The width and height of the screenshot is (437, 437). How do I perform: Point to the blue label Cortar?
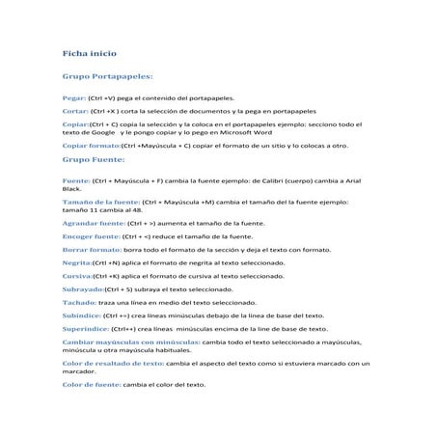[x=75, y=111]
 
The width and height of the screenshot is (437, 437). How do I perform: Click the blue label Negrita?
[x=77, y=261]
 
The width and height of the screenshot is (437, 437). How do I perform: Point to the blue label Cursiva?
[x=78, y=275]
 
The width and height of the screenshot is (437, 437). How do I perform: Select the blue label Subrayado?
[x=83, y=288]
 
